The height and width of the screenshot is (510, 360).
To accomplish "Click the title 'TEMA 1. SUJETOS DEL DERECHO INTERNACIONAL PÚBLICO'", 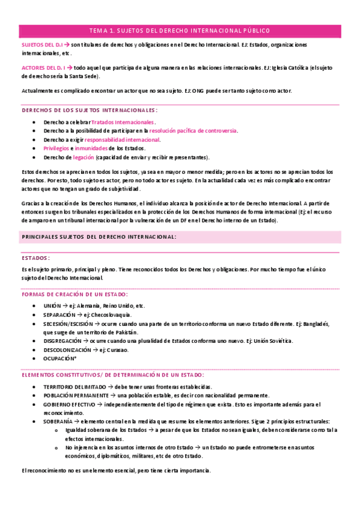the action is [x=180, y=30].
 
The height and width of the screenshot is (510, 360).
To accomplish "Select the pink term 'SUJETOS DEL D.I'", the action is [x=41, y=45].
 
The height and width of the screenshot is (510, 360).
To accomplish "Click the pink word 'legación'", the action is [x=82, y=157].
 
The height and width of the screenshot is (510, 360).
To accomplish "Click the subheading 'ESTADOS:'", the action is [x=35, y=257].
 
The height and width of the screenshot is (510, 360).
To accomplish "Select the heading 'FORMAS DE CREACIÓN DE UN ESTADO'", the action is [x=74, y=294].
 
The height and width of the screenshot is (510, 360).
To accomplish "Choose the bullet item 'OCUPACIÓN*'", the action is [x=59, y=358].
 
